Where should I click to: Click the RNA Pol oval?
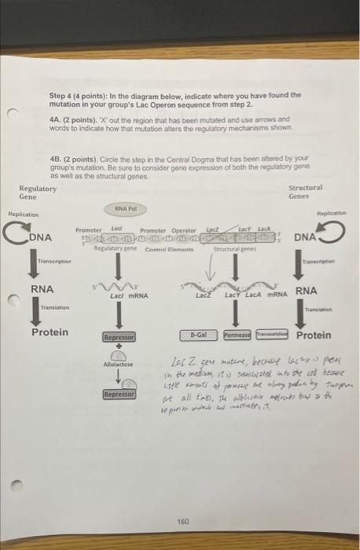(x=127, y=209)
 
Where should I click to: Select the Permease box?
(x=239, y=335)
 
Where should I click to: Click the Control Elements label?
(x=164, y=248)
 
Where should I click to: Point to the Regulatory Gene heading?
(x=38, y=192)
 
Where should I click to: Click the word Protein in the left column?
(x=49, y=332)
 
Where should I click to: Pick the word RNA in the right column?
(x=306, y=290)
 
